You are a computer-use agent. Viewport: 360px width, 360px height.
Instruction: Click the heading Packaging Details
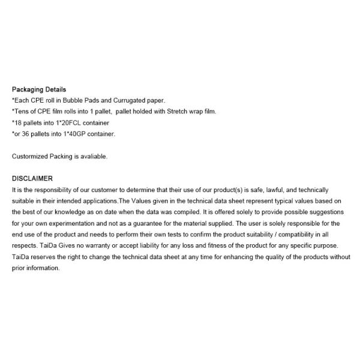point(39,89)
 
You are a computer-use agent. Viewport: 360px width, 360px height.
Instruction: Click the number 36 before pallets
point(28,134)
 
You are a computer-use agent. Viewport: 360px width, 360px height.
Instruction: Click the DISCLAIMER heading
point(32,178)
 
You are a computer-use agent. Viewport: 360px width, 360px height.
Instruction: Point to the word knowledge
point(85,212)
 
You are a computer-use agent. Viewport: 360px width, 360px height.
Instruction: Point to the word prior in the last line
point(19,268)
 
